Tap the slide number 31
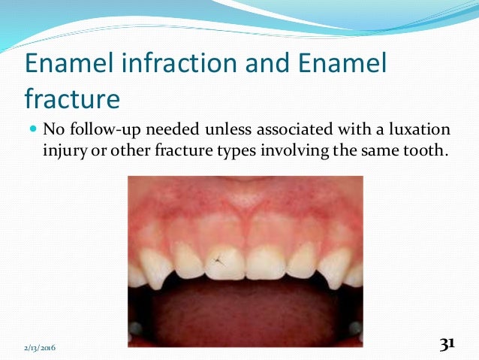pyautogui.click(x=447, y=344)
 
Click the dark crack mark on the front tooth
pyautogui.click(x=218, y=261)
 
